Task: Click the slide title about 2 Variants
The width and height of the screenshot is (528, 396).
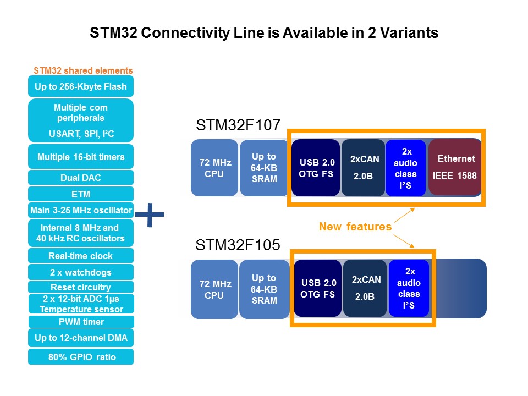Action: tap(264, 34)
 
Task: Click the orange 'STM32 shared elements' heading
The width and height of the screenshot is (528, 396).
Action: tap(83, 70)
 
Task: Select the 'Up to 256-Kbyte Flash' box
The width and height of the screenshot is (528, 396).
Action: tap(81, 86)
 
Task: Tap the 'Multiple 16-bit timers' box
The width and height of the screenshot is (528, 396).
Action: tap(81, 157)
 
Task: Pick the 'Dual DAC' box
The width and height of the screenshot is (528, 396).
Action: tap(81, 178)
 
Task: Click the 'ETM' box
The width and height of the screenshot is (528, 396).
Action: tap(81, 194)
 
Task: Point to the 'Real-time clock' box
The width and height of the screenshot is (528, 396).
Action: tap(81, 256)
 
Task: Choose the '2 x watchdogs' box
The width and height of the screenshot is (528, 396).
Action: tap(81, 272)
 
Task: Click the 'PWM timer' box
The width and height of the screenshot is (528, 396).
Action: tap(81, 322)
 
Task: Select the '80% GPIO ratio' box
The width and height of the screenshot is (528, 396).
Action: tap(81, 357)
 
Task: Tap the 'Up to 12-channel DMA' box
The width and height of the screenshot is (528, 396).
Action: tap(81, 338)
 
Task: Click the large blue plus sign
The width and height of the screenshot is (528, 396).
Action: tap(150, 216)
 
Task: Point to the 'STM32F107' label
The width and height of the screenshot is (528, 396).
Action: tap(238, 126)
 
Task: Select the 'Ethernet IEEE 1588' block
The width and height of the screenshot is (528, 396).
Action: tap(455, 167)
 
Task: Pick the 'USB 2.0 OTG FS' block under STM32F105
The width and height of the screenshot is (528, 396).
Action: tap(317, 289)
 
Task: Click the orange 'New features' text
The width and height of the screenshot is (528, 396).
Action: tap(355, 226)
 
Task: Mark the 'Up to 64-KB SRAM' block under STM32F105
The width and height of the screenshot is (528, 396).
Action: tap(264, 289)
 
